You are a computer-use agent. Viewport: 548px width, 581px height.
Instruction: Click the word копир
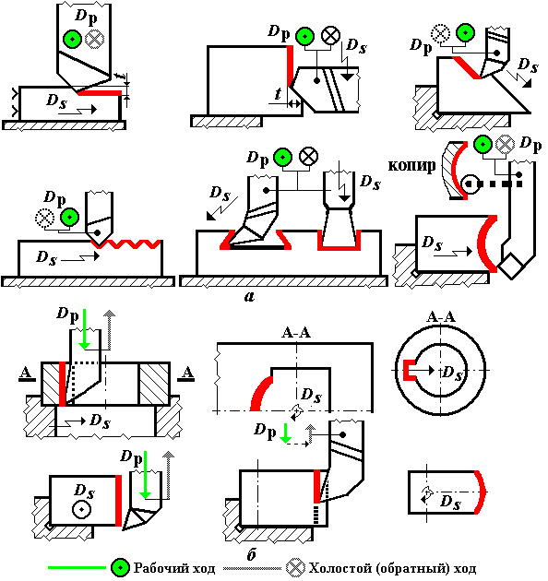411,165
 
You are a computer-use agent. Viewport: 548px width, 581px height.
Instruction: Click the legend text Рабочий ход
174,567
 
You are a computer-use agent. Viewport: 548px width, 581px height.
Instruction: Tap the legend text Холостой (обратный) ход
393,568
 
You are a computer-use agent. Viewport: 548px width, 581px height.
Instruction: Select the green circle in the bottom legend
121,568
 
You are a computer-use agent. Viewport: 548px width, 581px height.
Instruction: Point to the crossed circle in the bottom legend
296,568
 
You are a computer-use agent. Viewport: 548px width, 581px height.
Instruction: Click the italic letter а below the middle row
250,296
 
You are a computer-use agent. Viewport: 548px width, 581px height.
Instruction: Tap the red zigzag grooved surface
126,244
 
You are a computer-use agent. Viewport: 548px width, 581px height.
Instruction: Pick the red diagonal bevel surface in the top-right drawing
467,67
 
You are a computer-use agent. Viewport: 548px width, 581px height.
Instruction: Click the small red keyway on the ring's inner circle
409,370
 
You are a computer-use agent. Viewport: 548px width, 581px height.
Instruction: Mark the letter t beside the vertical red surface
278,94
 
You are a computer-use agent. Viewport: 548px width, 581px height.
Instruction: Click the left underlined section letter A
26,373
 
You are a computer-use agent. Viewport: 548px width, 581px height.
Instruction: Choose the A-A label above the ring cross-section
441,317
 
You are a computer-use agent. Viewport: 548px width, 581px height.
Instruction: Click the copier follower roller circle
471,184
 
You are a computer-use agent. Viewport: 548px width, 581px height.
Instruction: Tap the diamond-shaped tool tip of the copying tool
511,266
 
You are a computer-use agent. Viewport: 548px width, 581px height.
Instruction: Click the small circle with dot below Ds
81,509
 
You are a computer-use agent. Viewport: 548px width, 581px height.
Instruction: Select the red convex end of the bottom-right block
481,492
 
